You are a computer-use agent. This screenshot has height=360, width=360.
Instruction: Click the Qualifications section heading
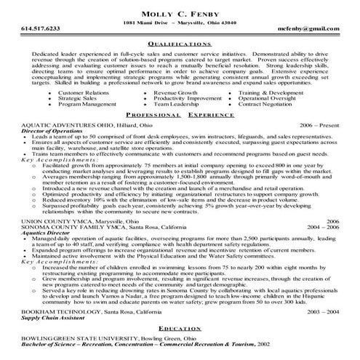point(180,63)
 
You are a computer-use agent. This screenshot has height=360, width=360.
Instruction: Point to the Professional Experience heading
point(180,136)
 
